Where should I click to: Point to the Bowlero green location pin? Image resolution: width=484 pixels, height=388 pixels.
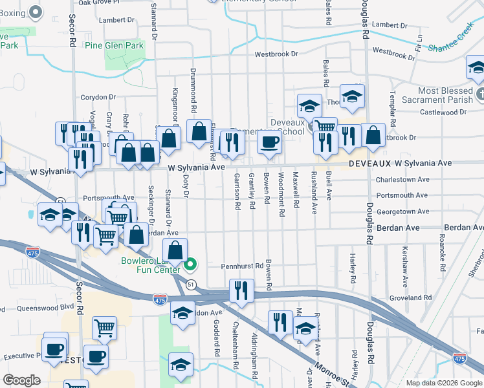click(x=190, y=265)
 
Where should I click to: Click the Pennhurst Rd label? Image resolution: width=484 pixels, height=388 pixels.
click(x=241, y=266)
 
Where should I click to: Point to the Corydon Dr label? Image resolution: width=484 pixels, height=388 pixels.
click(x=98, y=98)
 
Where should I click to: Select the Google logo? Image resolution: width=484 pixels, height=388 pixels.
click(x=22, y=380)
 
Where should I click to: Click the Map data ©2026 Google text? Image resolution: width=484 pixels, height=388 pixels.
click(x=443, y=383)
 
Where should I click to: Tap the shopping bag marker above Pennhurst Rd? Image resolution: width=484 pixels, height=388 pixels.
click(x=175, y=251)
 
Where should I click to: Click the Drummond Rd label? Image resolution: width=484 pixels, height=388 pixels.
click(x=193, y=91)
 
